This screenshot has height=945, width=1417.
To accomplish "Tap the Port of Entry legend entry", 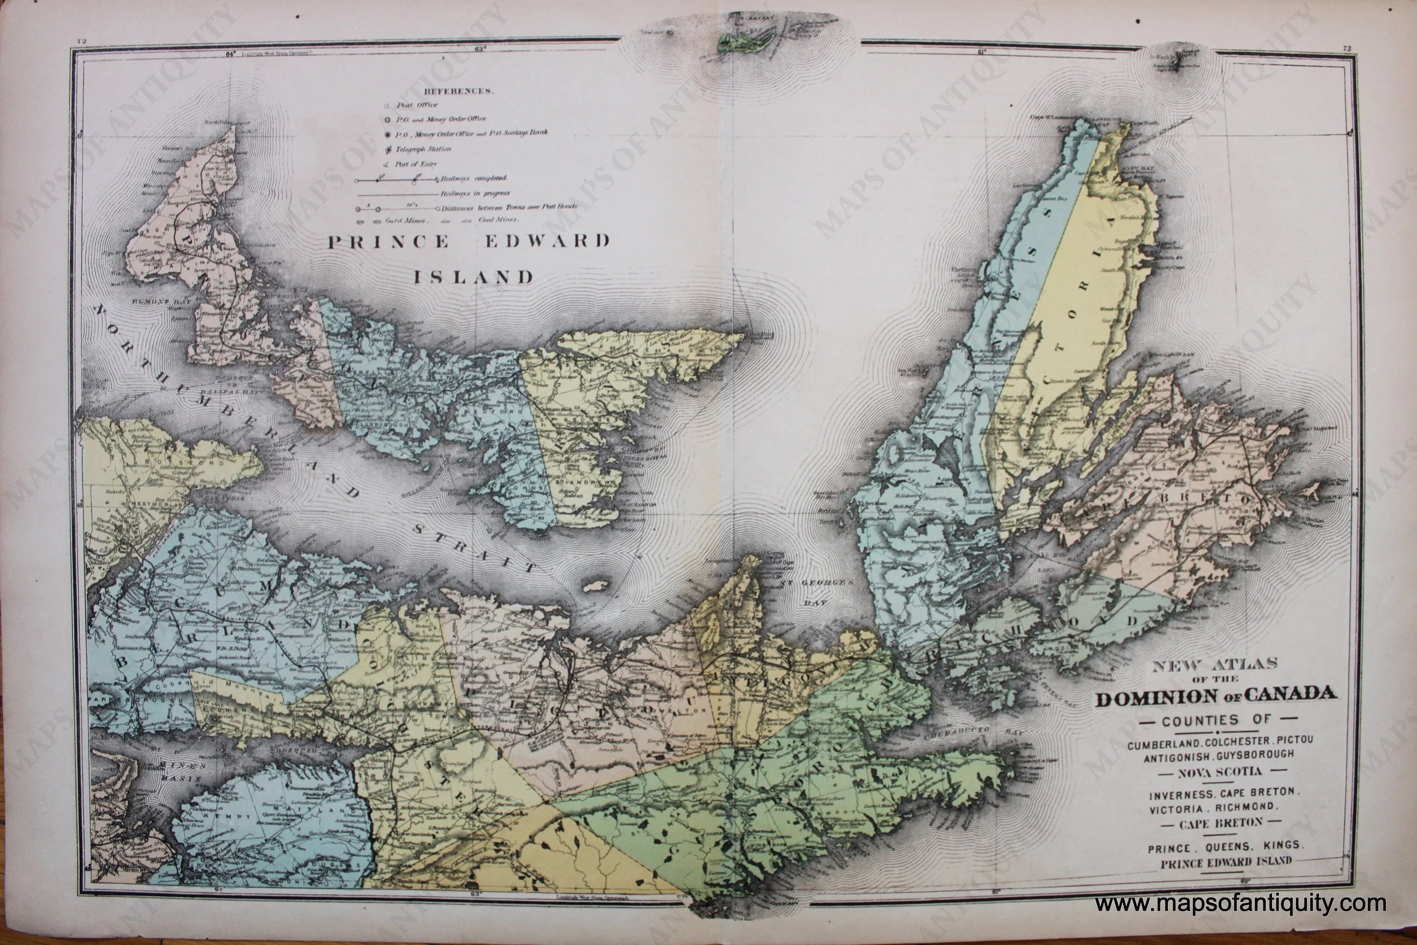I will (x=415, y=163).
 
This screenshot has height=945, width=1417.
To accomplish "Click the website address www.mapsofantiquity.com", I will (x=1240, y=904).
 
